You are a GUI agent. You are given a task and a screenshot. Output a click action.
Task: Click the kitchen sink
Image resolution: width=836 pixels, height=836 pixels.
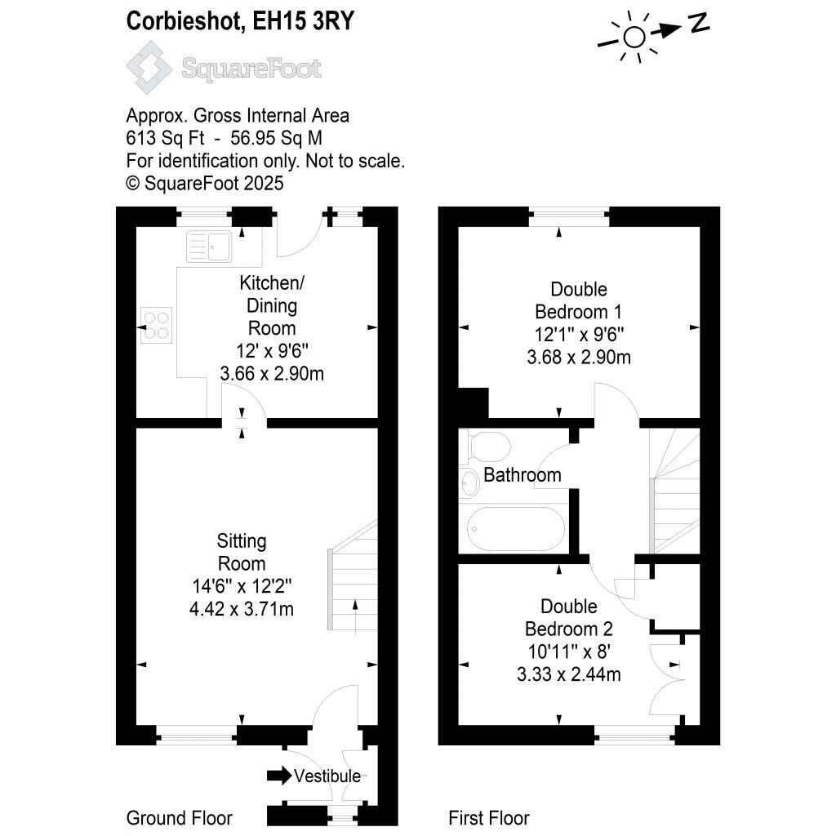pos(210,246)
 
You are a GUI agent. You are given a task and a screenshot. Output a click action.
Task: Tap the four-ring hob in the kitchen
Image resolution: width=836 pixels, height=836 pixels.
pos(158,323)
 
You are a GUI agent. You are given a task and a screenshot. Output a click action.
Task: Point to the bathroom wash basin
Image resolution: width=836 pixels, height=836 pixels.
pos(470,483)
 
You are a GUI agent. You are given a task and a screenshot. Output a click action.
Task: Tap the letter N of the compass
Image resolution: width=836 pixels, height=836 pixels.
pos(698,24)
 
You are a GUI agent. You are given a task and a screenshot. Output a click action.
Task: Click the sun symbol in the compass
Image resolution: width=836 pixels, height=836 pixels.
pos(634,37)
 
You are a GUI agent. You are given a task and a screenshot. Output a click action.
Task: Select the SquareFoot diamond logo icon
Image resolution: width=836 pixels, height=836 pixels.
pos(148,68)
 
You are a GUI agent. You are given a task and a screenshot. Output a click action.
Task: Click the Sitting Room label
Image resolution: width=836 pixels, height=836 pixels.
pos(242,552)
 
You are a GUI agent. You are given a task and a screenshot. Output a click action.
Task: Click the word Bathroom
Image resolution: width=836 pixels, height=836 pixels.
pos(522,474)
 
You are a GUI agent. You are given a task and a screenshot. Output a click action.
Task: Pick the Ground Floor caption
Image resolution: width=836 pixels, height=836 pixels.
pos(180,818)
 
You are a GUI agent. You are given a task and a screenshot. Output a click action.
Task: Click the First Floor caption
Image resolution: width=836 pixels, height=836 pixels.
pos(489,818)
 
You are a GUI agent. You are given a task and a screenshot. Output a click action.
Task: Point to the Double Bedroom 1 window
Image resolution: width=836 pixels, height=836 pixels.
pos(569,217)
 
